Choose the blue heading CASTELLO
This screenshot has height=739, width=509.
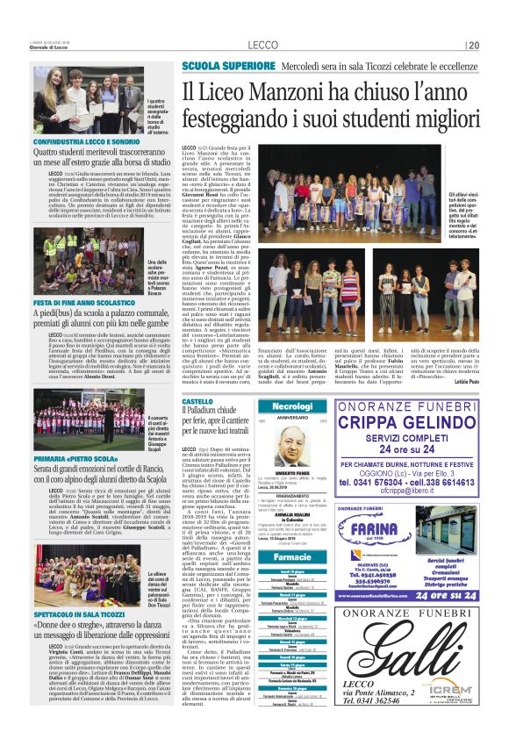[x=197, y=401]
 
